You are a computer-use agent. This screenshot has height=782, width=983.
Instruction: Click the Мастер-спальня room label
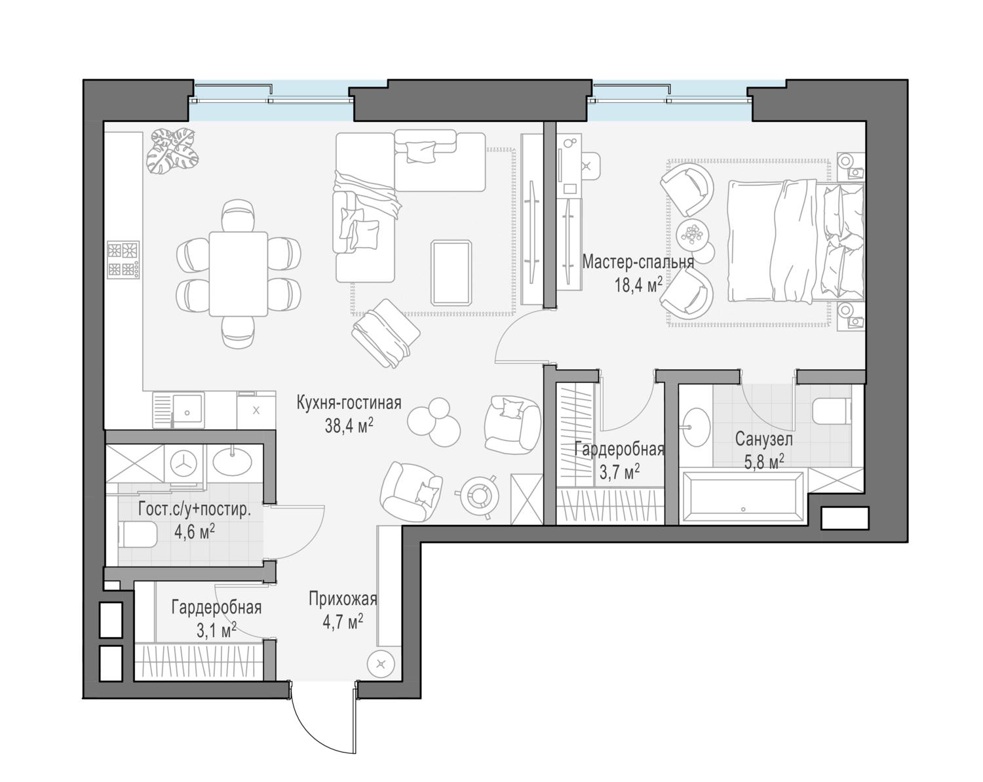(x=638, y=262)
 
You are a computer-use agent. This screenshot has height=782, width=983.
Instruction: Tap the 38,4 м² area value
(x=349, y=426)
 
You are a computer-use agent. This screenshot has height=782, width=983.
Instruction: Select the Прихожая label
(x=343, y=598)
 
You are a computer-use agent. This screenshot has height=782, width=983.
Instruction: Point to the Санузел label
(x=763, y=440)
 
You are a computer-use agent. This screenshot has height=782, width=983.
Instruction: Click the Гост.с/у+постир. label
(x=195, y=509)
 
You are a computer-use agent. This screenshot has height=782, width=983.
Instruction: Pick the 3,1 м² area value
(x=216, y=631)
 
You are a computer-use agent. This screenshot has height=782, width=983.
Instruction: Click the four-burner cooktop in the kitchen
(x=123, y=260)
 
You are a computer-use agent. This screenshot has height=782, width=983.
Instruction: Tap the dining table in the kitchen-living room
(x=238, y=274)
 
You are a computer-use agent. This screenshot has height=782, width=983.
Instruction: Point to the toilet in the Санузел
(x=832, y=410)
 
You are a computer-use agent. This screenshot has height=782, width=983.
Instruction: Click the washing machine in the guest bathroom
(x=185, y=464)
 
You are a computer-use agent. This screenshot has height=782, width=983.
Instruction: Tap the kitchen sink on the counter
(x=187, y=410)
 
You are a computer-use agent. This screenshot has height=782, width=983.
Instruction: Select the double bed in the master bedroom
(x=796, y=241)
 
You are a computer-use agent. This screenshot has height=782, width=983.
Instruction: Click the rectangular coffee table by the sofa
(x=451, y=273)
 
